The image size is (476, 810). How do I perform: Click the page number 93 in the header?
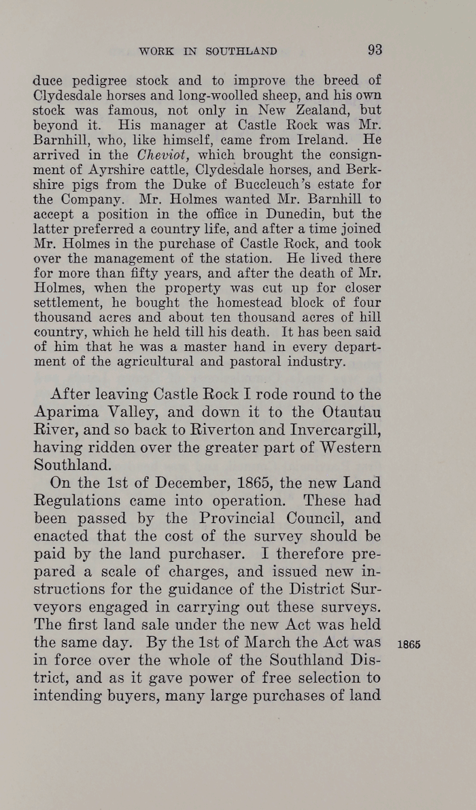point(375,50)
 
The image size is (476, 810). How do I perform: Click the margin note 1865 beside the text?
point(407,643)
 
